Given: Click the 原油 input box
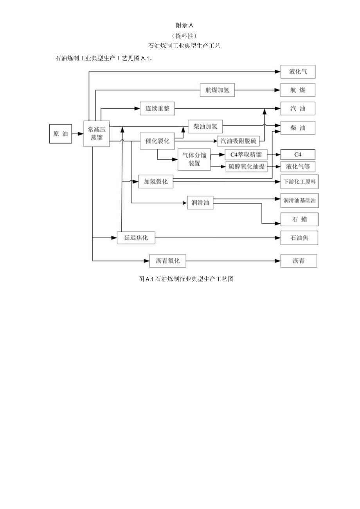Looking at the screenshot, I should click(x=60, y=134).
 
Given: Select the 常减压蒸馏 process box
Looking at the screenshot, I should click(x=97, y=134).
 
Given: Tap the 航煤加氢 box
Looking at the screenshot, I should click(x=218, y=90).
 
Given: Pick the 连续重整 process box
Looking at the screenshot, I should click(x=157, y=109).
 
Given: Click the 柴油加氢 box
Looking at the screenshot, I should click(x=205, y=126).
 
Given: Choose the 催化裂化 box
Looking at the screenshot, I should click(x=157, y=141).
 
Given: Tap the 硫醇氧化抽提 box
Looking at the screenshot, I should click(x=247, y=167).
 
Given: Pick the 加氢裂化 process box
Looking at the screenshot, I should click(x=156, y=182).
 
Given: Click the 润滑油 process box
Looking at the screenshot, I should click(x=200, y=203).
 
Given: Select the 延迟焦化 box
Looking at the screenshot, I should click(x=136, y=237).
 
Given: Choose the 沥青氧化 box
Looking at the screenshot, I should click(x=167, y=261).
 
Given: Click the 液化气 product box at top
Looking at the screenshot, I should click(x=298, y=72).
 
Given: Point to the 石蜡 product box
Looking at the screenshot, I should click(x=299, y=219).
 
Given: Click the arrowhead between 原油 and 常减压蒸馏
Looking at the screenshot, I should click(x=81, y=134).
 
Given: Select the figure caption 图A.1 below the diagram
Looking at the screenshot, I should click(x=186, y=279).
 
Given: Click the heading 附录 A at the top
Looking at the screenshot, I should click(x=185, y=25).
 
